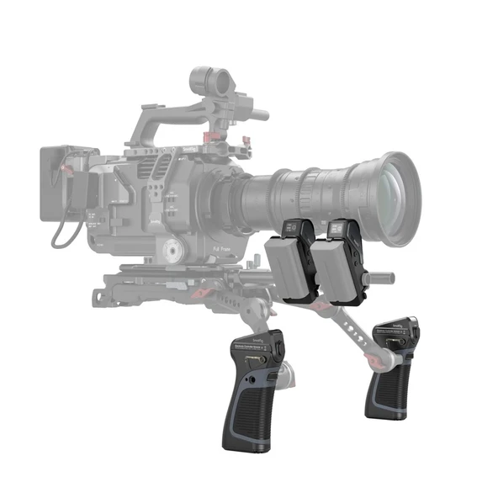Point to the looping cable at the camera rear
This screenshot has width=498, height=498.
(61, 236)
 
